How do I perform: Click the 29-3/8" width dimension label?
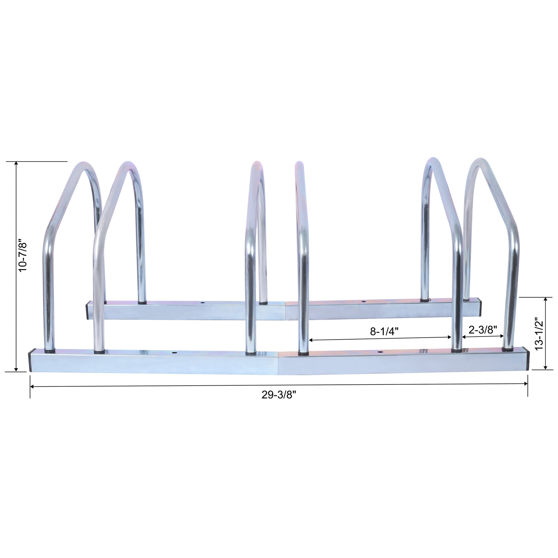[x=279, y=395]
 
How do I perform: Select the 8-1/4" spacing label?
[x=384, y=331]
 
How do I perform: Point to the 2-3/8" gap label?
[x=483, y=329]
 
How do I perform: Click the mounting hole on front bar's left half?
[x=174, y=353]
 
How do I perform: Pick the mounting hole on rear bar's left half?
[x=202, y=303]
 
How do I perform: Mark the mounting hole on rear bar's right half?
[x=363, y=301]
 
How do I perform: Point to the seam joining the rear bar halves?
[x=285, y=311]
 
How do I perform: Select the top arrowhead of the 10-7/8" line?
[x=16, y=163]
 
